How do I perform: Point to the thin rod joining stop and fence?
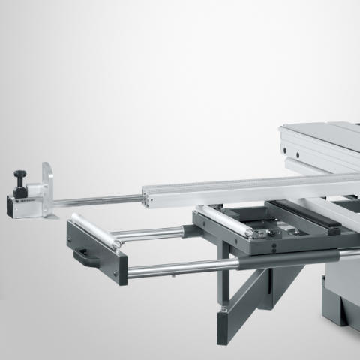pyautogui.click(x=97, y=200)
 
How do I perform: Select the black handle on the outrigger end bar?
pyautogui.click(x=88, y=257)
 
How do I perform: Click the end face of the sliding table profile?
pyautogui.click(x=289, y=139)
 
